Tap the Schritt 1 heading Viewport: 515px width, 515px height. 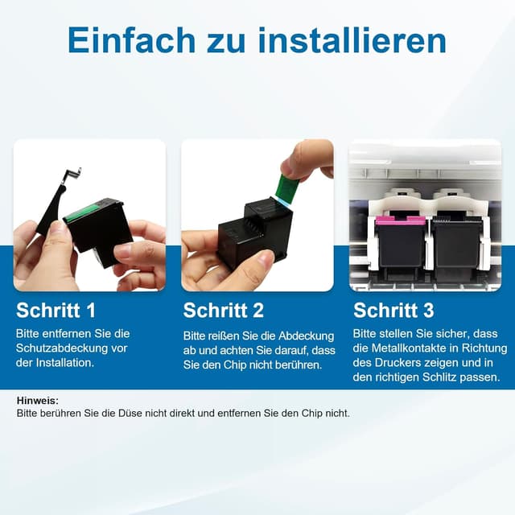pyautogui.click(x=56, y=311)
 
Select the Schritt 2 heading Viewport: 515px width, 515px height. pyautogui.click(x=223, y=311)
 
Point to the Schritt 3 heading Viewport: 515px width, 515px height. pyautogui.click(x=393, y=311)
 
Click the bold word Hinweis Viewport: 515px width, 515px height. pyautogui.click(x=37, y=400)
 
